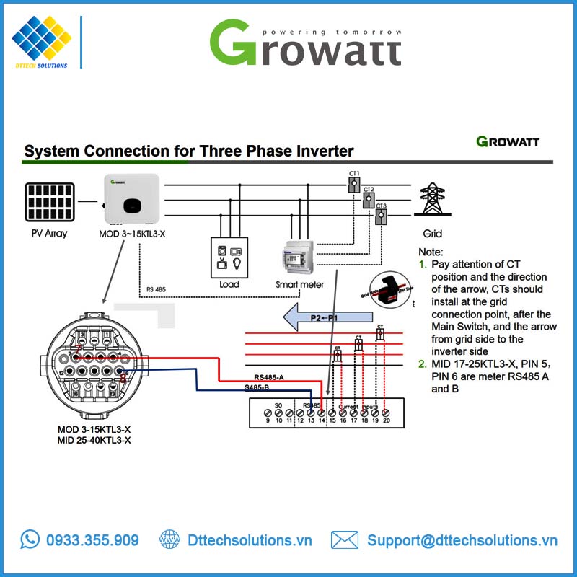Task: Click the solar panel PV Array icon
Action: click(50, 202)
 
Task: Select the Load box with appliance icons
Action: click(229, 257)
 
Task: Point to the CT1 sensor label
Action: click(354, 174)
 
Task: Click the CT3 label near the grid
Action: click(381, 206)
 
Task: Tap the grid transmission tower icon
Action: click(432, 200)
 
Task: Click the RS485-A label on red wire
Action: click(269, 377)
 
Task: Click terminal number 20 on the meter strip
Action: click(386, 420)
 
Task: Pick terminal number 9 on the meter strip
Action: click(268, 420)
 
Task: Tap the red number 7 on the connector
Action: click(79, 350)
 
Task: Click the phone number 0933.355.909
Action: click(92, 540)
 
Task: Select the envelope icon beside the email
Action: click(345, 539)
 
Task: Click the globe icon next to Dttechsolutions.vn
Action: click(169, 539)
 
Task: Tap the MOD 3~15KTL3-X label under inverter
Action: click(133, 234)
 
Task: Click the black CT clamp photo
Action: click(389, 288)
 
